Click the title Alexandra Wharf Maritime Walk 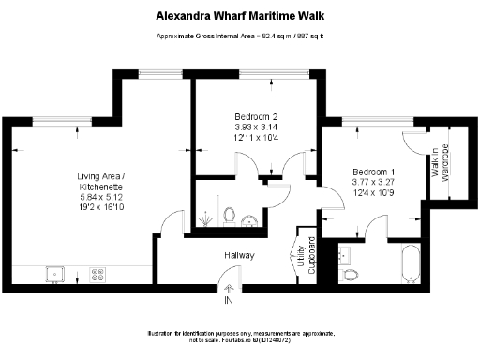pos(240,15)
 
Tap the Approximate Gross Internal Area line pos(240,37)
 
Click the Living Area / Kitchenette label pos(99,182)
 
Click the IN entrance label pos(227,301)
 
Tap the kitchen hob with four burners pos(97,274)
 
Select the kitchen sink pos(57,274)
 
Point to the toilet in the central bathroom pos(230,216)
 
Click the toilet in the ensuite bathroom pos(351,275)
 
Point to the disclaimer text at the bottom pos(240,337)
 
